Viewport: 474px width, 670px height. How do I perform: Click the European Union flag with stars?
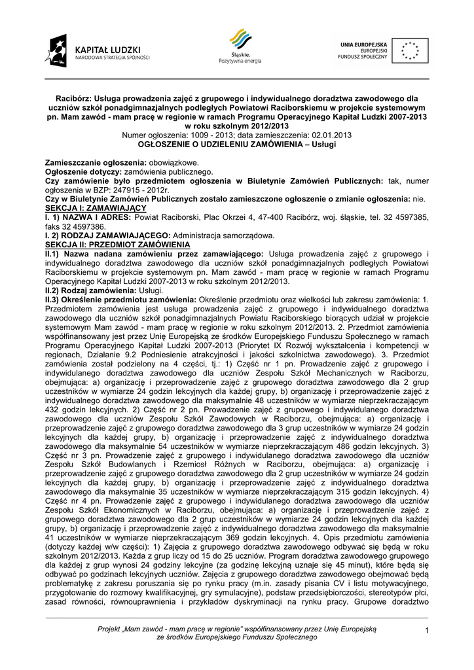tap(412, 49)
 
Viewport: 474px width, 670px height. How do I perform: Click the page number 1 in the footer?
tap(426, 629)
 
